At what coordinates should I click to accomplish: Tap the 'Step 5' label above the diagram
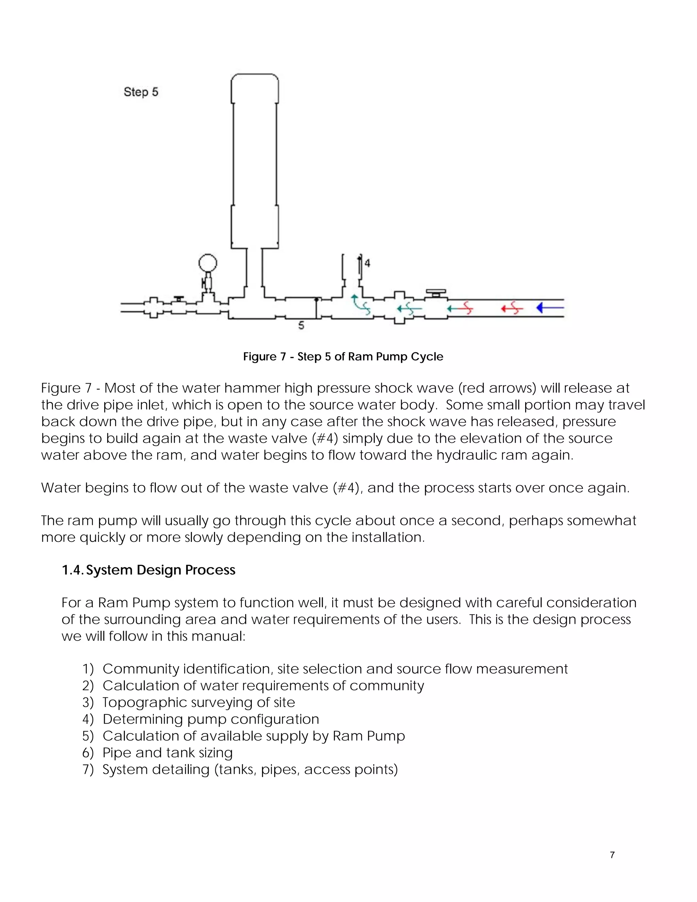(141, 92)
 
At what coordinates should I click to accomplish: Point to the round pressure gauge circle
(208, 263)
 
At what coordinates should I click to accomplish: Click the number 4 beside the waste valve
(368, 263)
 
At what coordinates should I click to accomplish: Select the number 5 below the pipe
(301, 326)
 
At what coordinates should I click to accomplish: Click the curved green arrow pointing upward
(360, 304)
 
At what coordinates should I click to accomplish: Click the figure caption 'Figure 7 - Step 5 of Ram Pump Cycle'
(343, 356)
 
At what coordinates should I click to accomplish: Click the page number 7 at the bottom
(612, 855)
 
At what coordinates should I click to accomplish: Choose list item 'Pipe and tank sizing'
(167, 753)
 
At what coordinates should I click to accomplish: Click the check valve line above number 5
(316, 308)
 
